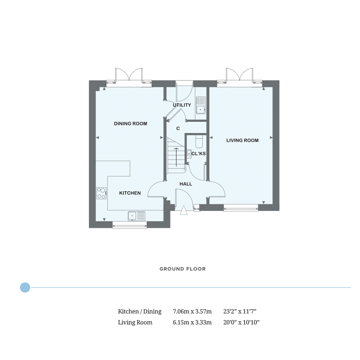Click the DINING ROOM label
point(130,124)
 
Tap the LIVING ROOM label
point(242,140)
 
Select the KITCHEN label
point(130,193)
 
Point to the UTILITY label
point(182,105)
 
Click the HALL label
point(186,184)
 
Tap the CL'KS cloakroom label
point(198,154)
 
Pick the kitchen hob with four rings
point(102,193)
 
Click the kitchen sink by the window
point(137,216)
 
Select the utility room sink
point(201,105)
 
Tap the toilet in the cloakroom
point(198,141)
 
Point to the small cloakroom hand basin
point(189,153)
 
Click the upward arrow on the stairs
point(176,157)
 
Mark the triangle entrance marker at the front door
point(184,210)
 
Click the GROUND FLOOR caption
point(182,269)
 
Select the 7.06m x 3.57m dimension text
point(192,311)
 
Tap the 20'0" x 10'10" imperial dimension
point(241,322)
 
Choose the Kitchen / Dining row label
point(140,312)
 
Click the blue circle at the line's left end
point(25,287)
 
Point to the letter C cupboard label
point(178,128)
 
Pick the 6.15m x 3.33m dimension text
point(192,322)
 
